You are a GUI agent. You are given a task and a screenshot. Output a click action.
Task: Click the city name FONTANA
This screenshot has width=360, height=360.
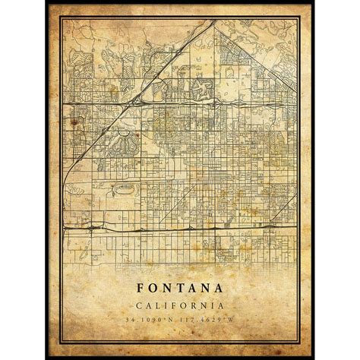tap(180, 289)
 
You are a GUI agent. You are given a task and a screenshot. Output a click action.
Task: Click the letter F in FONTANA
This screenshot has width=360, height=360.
tap(141, 289)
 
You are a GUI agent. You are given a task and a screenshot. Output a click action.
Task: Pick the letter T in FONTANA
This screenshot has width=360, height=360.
tap(180, 289)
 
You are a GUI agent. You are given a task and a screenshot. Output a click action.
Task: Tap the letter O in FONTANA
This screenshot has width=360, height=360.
tap(153, 289)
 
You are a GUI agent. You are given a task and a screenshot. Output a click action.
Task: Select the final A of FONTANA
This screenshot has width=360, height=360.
tap(219, 289)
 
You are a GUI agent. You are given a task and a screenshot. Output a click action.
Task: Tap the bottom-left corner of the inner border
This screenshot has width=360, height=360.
tap(63, 340)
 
